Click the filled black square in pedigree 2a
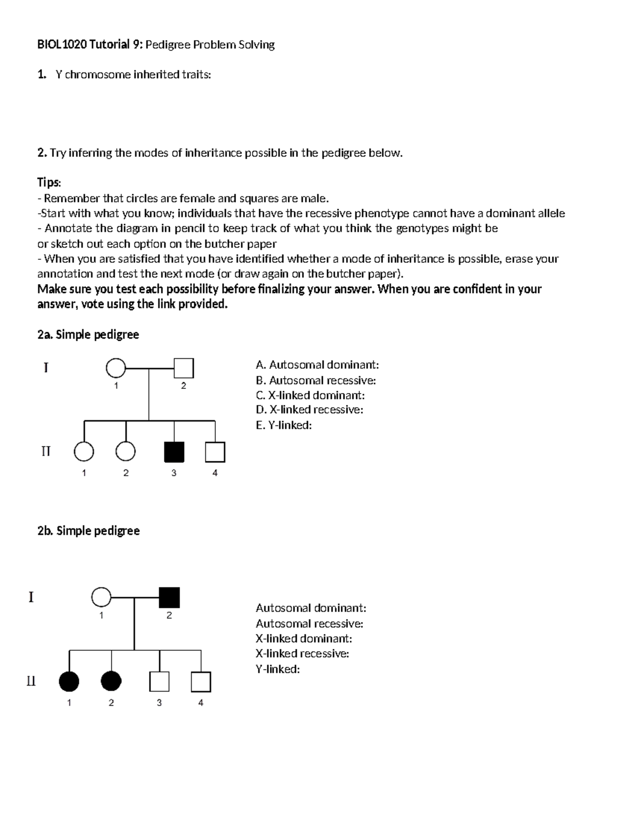pyautogui.click(x=174, y=452)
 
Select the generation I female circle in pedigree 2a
pyautogui.click(x=116, y=368)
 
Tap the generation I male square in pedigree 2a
pyautogui.click(x=184, y=368)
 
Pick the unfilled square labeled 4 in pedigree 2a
pyautogui.click(x=215, y=452)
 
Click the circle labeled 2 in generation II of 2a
pyautogui.click(x=125, y=452)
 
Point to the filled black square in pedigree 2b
pyautogui.click(x=169, y=597)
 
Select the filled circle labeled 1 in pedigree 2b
pyautogui.click(x=69, y=681)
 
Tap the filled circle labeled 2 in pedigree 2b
pyautogui.click(x=111, y=681)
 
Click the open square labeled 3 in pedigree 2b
pyautogui.click(x=159, y=681)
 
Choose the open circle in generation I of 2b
pyautogui.click(x=101, y=597)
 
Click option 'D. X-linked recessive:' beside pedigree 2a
pyautogui.click(x=309, y=409)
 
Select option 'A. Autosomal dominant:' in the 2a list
pyautogui.click(x=317, y=365)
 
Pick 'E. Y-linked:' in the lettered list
pyautogui.click(x=284, y=425)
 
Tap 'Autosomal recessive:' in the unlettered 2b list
pyautogui.click(x=309, y=623)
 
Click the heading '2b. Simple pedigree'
pyautogui.click(x=88, y=531)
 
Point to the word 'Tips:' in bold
pyautogui.click(x=49, y=183)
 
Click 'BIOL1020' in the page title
pyautogui.click(x=61, y=44)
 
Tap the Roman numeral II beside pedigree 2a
pyautogui.click(x=46, y=451)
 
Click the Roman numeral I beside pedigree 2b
pyautogui.click(x=31, y=597)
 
